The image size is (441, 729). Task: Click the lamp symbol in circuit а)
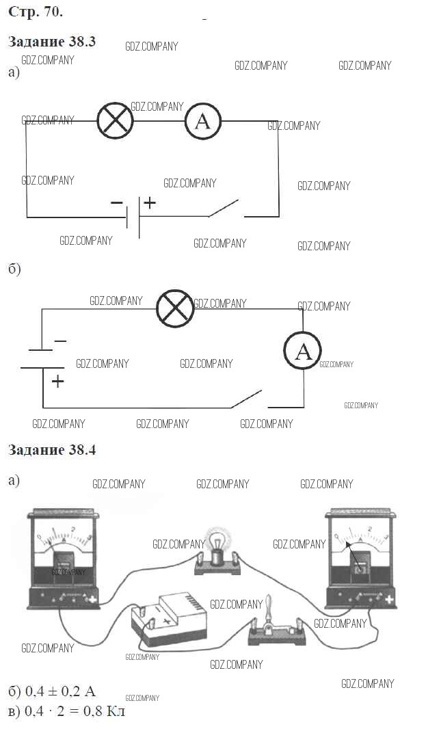point(115,121)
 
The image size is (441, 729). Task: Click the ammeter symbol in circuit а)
point(202,121)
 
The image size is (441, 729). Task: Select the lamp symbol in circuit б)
point(176,308)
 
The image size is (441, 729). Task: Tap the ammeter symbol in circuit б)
point(303,351)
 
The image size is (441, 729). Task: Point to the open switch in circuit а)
point(224,208)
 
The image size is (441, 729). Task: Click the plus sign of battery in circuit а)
point(150,202)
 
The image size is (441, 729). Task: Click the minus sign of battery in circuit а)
point(116,202)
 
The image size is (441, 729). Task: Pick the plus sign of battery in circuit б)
point(57,382)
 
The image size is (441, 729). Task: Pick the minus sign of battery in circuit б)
point(60,341)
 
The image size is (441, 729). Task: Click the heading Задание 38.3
point(52,42)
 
